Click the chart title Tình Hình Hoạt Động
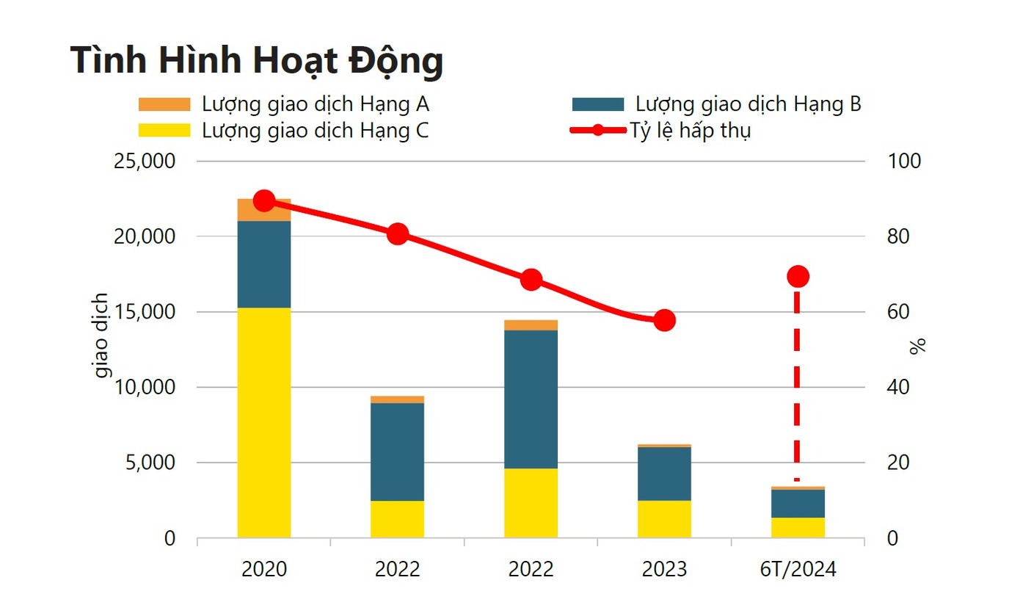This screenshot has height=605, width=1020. pyautogui.click(x=257, y=60)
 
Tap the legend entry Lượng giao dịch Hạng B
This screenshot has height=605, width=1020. pyautogui.click(x=748, y=104)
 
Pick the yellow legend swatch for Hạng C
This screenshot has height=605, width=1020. pyautogui.click(x=164, y=131)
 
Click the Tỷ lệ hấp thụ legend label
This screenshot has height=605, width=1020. pyautogui.click(x=690, y=131)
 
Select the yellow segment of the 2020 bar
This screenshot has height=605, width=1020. pyautogui.click(x=264, y=422)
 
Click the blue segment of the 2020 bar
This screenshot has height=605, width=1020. pyautogui.click(x=264, y=264)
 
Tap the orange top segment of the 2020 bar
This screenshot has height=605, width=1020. pyautogui.click(x=264, y=210)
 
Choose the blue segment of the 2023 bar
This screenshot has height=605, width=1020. pyautogui.click(x=664, y=474)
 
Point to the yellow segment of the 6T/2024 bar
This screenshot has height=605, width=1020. pyautogui.click(x=798, y=527)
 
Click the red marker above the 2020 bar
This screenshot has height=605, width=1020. pyautogui.click(x=264, y=200)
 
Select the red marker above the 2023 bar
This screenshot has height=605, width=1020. pyautogui.click(x=664, y=321)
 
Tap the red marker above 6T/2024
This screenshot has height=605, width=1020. pyautogui.click(x=798, y=276)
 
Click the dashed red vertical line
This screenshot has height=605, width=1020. pyautogui.click(x=797, y=382)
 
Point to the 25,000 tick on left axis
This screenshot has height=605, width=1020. pyautogui.click(x=145, y=161)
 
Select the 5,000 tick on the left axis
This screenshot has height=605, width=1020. pyautogui.click(x=151, y=463)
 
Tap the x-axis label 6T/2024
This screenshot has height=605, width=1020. pyautogui.click(x=798, y=570)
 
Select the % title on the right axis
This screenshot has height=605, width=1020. pyautogui.click(x=917, y=347)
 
